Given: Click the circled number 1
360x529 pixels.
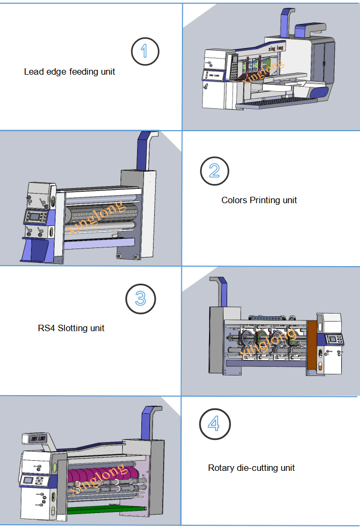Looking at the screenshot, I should [x=145, y=51].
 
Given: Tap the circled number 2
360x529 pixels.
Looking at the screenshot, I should [x=214, y=171].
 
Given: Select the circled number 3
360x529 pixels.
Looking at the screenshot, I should [x=140, y=299].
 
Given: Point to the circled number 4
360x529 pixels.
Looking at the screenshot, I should [x=214, y=424].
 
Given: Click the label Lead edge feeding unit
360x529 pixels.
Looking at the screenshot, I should [x=69, y=71].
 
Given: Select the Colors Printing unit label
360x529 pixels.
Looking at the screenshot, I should [x=259, y=201].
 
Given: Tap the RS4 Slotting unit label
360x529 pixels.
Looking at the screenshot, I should [x=71, y=328].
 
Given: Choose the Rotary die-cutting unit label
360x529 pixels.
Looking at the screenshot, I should [x=251, y=468].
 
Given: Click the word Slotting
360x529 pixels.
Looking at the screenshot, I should [x=73, y=328].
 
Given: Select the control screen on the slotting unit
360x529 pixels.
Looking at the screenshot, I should [x=334, y=340].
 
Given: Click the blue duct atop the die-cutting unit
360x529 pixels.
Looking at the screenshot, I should [x=148, y=421].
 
